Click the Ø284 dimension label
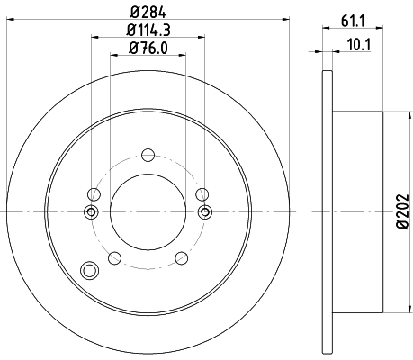point(148,13)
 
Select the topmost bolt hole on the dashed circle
point(148,153)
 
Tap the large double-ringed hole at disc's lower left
point(88,270)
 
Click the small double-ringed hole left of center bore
point(90,212)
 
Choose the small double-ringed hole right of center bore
point(205,212)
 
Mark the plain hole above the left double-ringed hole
point(94,193)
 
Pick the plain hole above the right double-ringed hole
point(202,193)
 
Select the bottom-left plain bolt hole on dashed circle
point(113,259)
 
